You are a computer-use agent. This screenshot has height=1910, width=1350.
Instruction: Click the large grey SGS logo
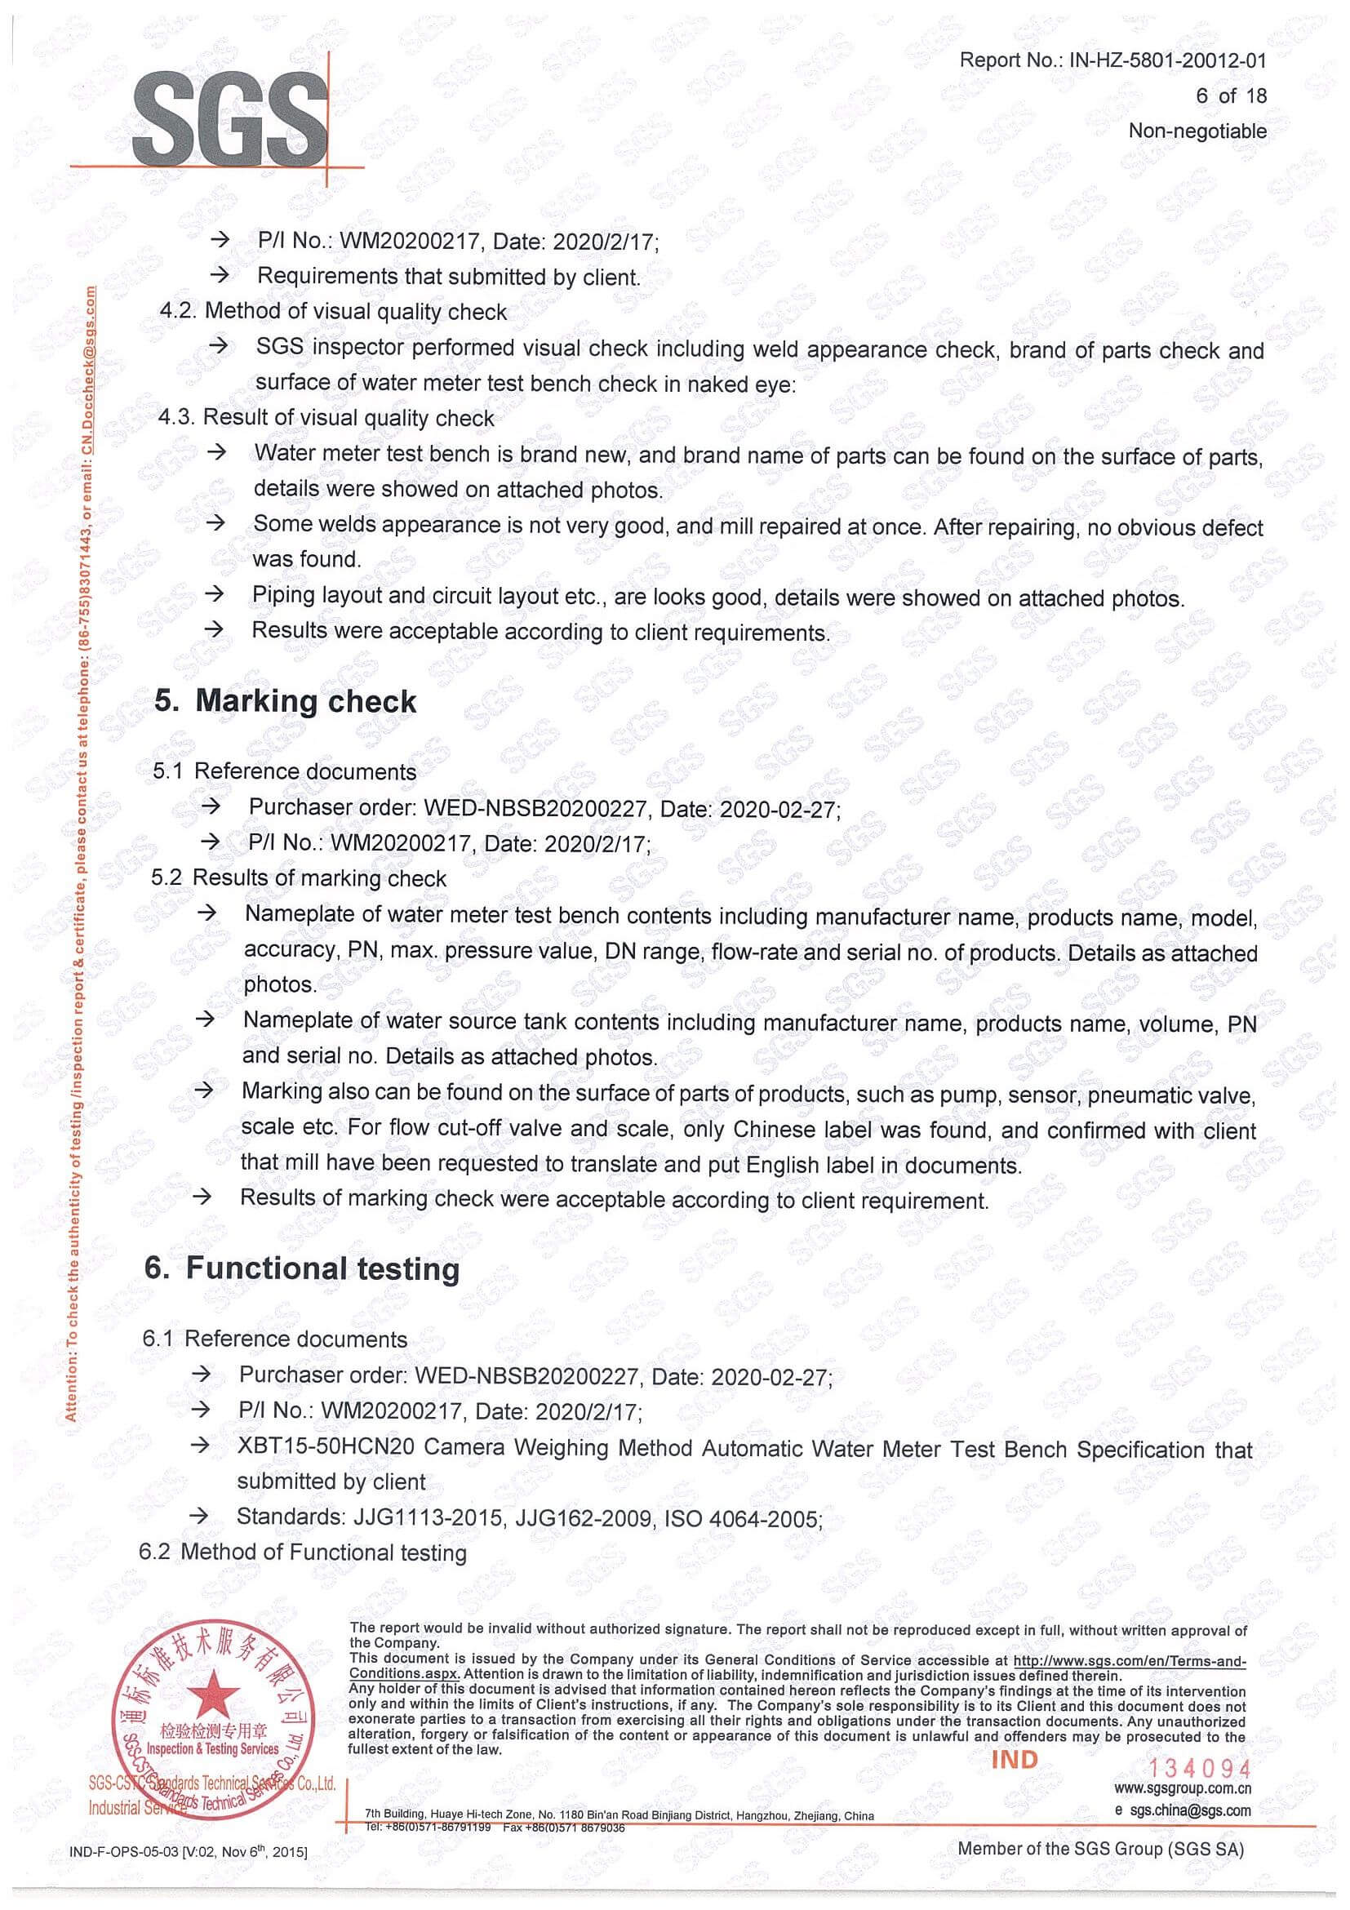pyautogui.click(x=229, y=118)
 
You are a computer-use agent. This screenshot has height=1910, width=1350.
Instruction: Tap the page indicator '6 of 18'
pyautogui.click(x=1231, y=95)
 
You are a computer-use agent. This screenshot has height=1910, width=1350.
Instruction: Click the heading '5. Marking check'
pyautogui.click(x=286, y=701)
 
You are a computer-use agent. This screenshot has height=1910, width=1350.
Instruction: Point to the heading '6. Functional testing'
pyautogui.click(x=302, y=1268)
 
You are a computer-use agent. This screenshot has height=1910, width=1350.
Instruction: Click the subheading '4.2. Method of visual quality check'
pyautogui.click(x=333, y=311)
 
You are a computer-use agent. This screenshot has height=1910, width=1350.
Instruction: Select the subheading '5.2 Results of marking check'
pyautogui.click(x=299, y=877)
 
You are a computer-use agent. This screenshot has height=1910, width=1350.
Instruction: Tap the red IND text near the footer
pyautogui.click(x=1014, y=1760)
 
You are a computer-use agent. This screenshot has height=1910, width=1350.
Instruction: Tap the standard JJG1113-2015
pyautogui.click(x=429, y=1517)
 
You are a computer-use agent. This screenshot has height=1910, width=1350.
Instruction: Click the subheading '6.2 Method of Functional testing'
pyautogui.click(x=304, y=1552)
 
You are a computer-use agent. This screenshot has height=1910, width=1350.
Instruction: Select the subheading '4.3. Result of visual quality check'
pyautogui.click(x=327, y=418)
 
